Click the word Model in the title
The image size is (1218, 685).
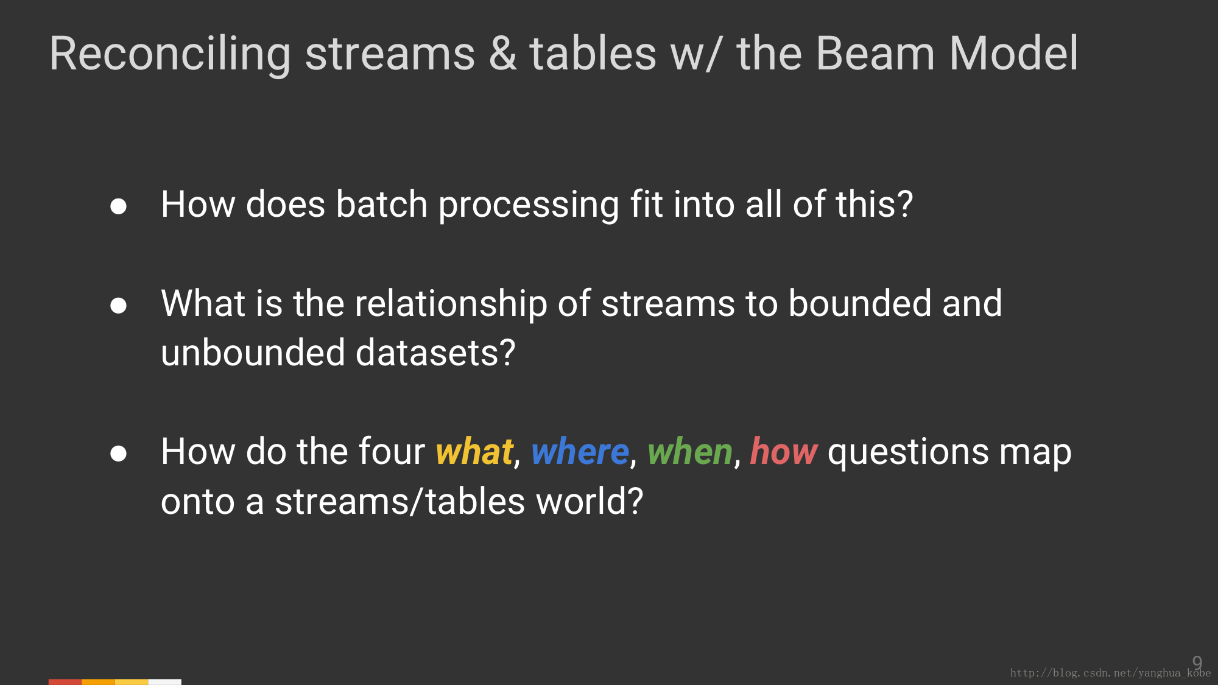(1014, 54)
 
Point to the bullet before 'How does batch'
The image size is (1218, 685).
(118, 206)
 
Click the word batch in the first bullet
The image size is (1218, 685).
(382, 204)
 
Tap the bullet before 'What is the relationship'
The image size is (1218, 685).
(118, 306)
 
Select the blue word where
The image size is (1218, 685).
(580, 452)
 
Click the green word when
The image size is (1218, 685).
(689, 452)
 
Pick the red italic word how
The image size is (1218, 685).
(784, 452)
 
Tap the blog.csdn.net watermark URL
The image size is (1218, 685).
(1110, 673)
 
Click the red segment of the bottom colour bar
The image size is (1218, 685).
(65, 682)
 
